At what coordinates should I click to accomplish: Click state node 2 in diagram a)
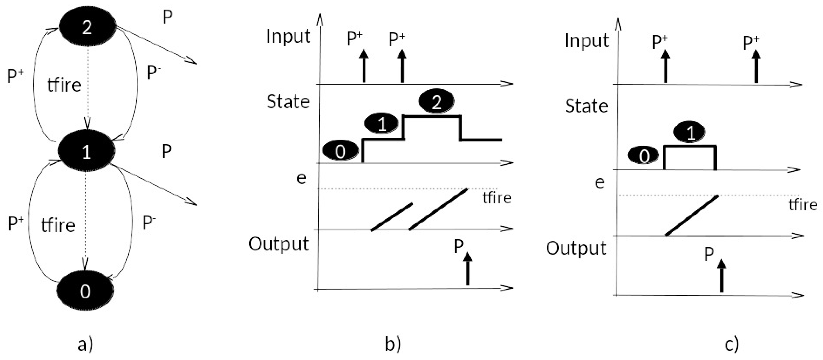pyautogui.click(x=87, y=28)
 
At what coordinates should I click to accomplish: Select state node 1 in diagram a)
pyautogui.click(x=86, y=152)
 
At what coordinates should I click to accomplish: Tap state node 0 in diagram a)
pyautogui.click(x=85, y=291)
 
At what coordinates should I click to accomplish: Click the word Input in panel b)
pyautogui.click(x=288, y=36)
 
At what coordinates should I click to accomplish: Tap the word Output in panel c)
pyautogui.click(x=576, y=249)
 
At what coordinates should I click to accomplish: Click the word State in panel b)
pyautogui.click(x=288, y=102)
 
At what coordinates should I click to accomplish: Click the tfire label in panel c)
pyautogui.click(x=803, y=205)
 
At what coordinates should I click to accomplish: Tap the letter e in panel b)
pyautogui.click(x=301, y=178)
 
